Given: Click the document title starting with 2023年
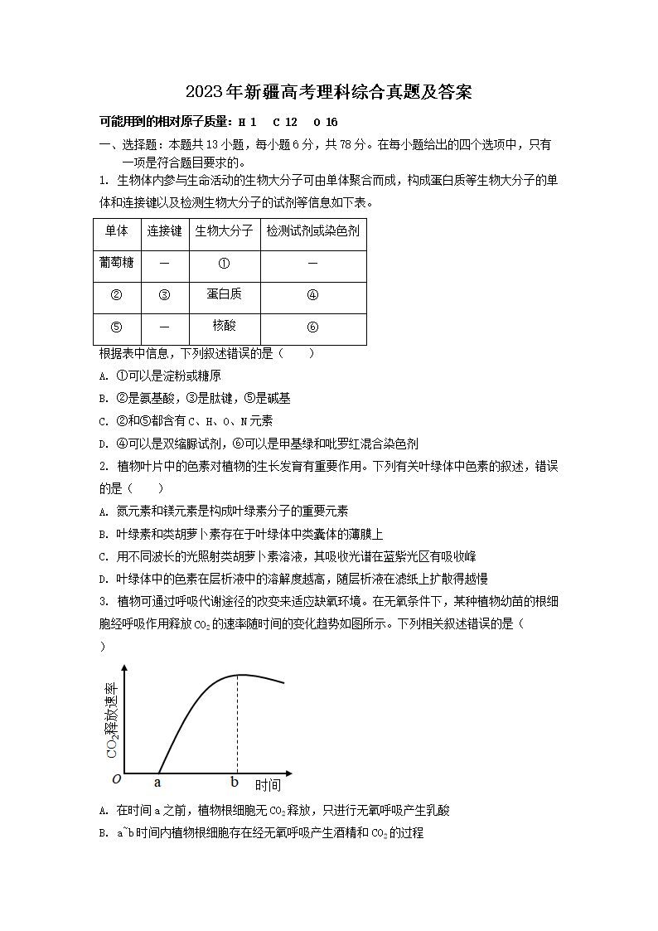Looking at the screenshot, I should (329, 92).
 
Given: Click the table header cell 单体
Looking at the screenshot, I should (117, 232).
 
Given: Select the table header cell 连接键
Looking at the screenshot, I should (164, 232).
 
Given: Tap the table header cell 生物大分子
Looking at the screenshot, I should (224, 232).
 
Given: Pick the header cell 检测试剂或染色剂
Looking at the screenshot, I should (312, 232).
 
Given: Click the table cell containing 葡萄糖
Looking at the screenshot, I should (117, 263).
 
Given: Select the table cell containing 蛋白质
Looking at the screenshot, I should (224, 294).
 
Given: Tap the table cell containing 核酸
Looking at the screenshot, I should (224, 326).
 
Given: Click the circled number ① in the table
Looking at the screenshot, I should (224, 264).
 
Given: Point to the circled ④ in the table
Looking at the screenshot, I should (312, 295).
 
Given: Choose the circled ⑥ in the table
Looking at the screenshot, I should (312, 327).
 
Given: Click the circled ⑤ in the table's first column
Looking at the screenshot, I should (117, 327).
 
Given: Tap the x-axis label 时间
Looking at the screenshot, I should (267, 785).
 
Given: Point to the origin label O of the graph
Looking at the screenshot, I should (116, 779).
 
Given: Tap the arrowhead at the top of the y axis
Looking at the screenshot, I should (125, 668).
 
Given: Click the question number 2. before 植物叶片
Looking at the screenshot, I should (104, 466).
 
